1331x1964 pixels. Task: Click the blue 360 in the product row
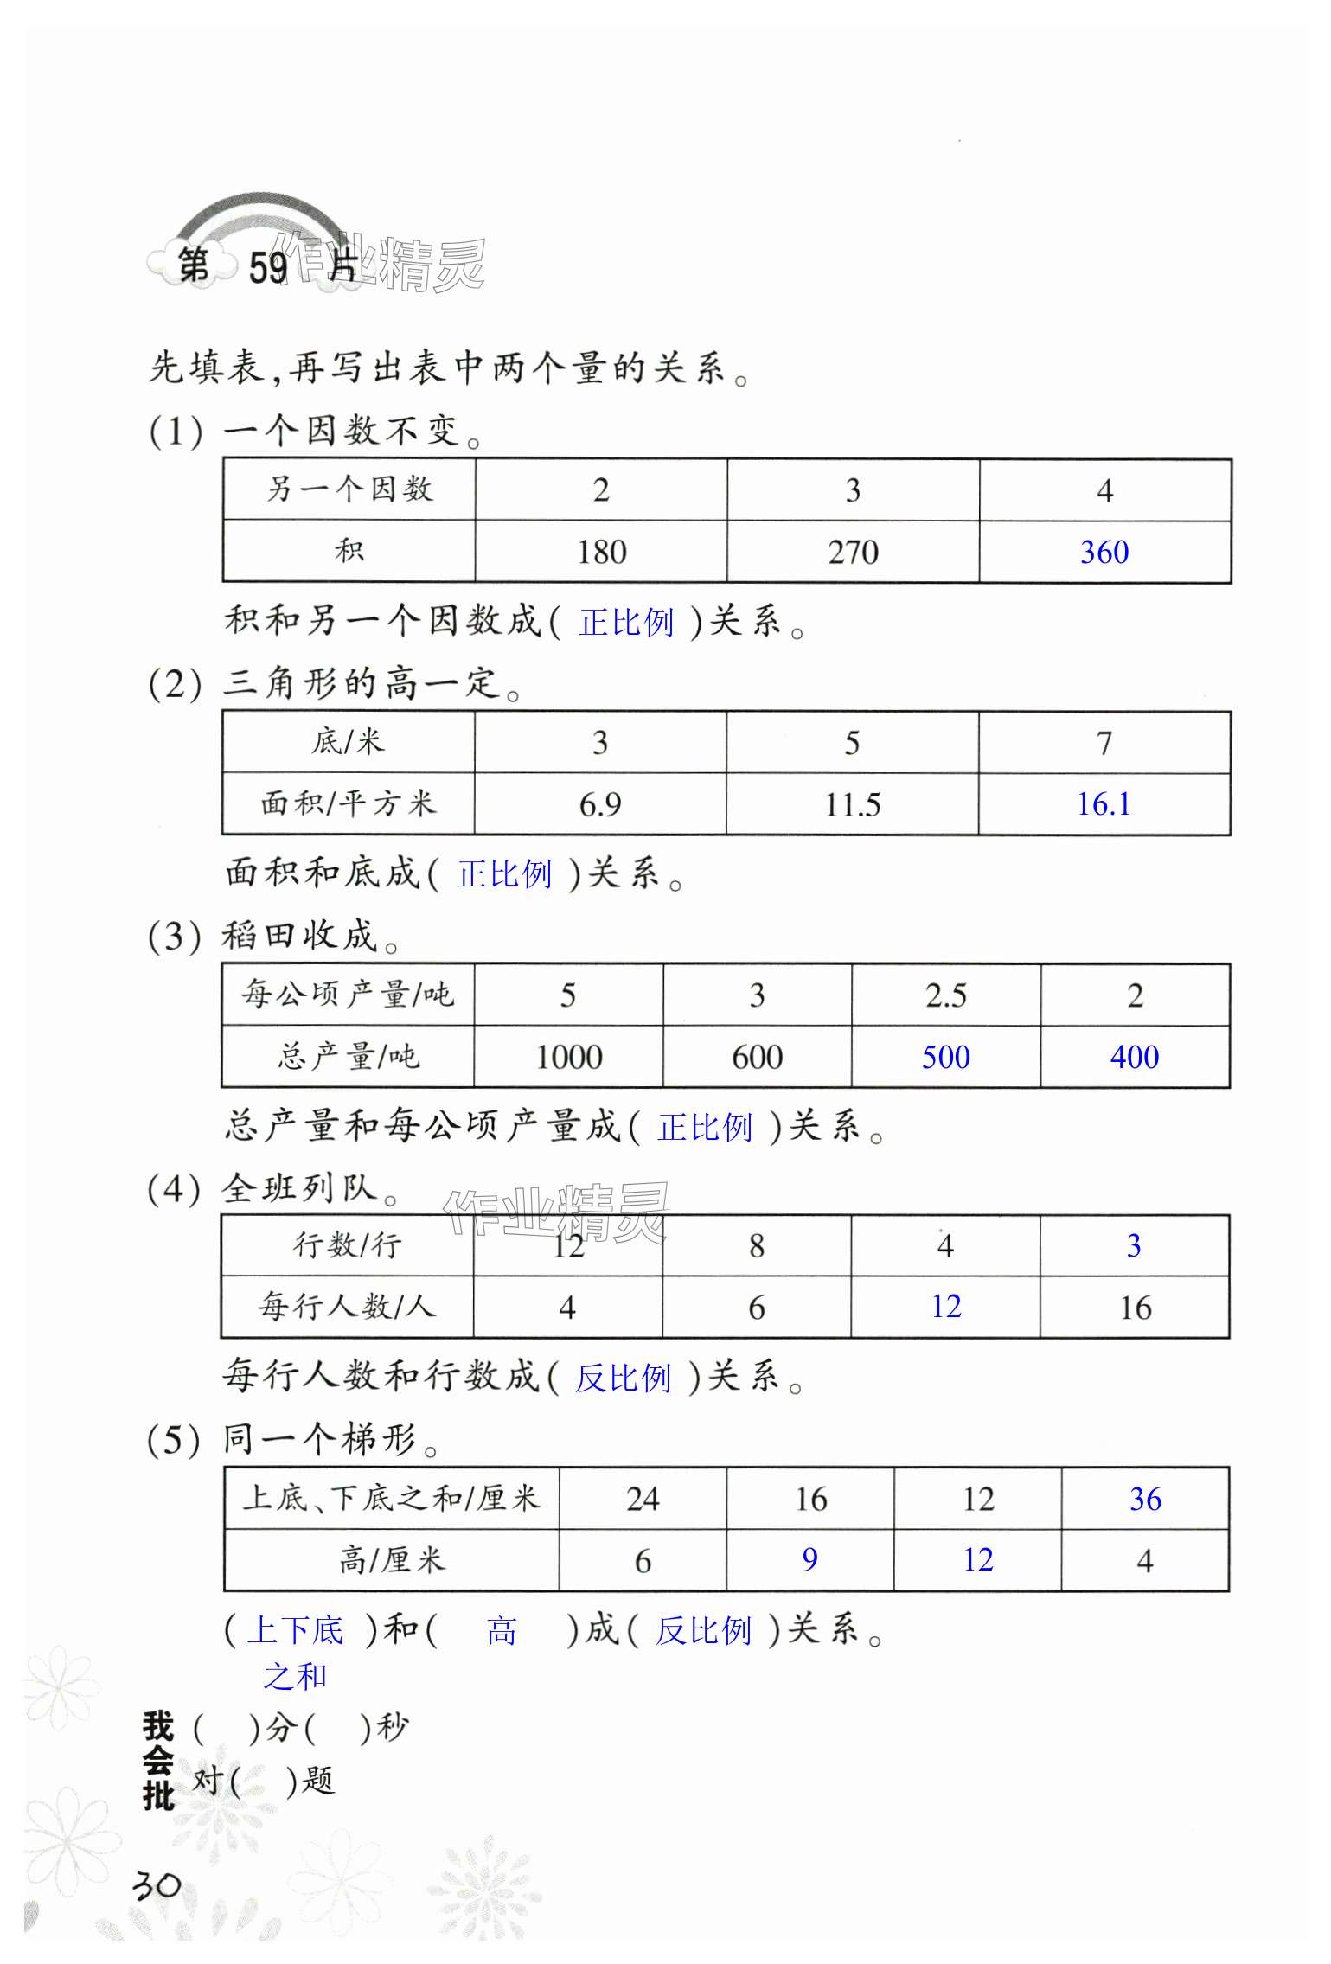click(x=1104, y=552)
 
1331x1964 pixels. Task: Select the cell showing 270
click(x=853, y=552)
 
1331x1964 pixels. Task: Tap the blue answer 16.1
click(x=1104, y=804)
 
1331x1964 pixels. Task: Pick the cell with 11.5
click(x=852, y=805)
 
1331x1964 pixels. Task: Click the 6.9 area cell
click(x=600, y=805)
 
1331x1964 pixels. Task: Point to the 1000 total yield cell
click(x=568, y=1057)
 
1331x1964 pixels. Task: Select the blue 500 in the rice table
click(x=945, y=1057)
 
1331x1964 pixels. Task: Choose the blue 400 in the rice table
click(x=1135, y=1057)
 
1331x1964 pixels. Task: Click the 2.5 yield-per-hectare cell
click(x=945, y=995)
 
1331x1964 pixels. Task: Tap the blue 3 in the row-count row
click(x=1134, y=1245)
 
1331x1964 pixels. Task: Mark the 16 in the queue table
click(x=1135, y=1308)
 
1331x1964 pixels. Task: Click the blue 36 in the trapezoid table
click(x=1145, y=1499)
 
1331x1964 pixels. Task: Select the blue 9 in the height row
click(x=809, y=1559)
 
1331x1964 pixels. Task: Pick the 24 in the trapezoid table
click(x=643, y=1499)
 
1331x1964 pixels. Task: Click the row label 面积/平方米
click(x=348, y=804)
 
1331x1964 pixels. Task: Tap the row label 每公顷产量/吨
click(x=348, y=995)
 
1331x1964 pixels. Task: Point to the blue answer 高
click(x=502, y=1632)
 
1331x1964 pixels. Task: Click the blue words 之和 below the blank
click(x=295, y=1676)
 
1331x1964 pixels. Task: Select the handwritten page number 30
click(x=157, y=1884)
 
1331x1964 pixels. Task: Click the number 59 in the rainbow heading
click(x=268, y=268)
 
